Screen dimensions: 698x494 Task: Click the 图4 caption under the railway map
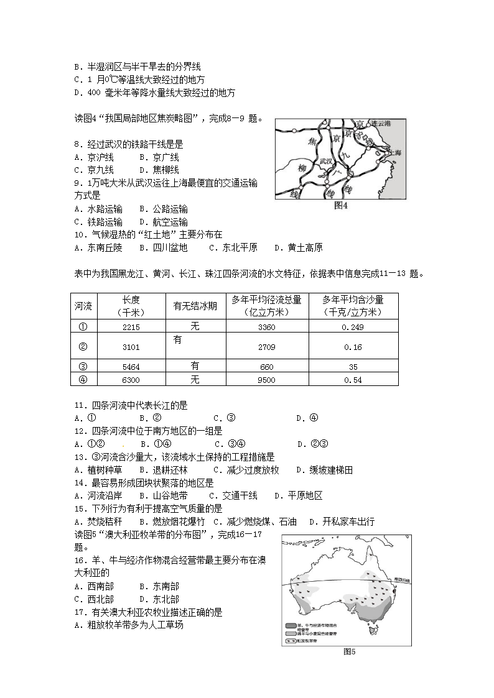[x=341, y=205]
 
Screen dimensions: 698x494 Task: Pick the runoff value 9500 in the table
[x=266, y=380]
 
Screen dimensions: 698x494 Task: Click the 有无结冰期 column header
[x=195, y=305]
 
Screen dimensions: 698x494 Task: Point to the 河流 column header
[x=83, y=305]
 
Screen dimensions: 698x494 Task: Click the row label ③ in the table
[x=83, y=367]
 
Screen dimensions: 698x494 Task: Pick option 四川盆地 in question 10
[x=169, y=247]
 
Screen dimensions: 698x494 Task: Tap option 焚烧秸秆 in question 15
[x=105, y=521]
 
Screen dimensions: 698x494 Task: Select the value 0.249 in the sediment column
[x=353, y=327]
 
